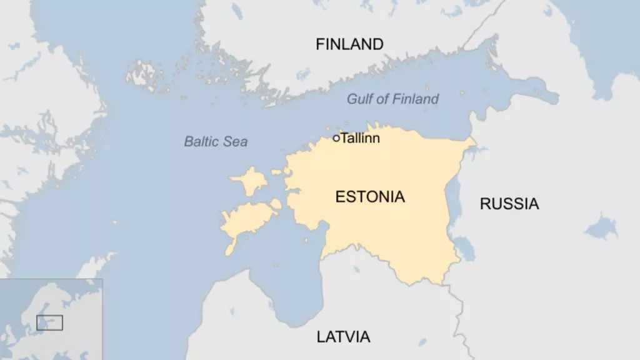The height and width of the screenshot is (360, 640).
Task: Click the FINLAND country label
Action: click(349, 44)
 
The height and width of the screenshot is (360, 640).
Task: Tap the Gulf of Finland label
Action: click(392, 99)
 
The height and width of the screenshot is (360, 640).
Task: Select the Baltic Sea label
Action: click(216, 142)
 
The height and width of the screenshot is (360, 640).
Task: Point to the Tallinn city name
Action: click(360, 138)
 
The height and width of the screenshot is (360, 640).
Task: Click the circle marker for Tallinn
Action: click(336, 138)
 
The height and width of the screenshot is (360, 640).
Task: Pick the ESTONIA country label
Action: click(370, 197)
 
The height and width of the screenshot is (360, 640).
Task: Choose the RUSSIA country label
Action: click(509, 203)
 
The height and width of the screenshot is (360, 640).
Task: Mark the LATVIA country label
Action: click(343, 337)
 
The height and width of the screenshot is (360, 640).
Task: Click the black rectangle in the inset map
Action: click(49, 322)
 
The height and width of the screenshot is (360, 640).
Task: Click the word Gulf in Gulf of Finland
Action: click(360, 99)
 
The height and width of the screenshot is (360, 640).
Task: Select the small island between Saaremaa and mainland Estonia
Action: click(276, 204)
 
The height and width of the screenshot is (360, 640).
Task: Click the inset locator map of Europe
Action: click(51, 319)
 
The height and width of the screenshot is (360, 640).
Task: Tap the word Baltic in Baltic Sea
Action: click(202, 142)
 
